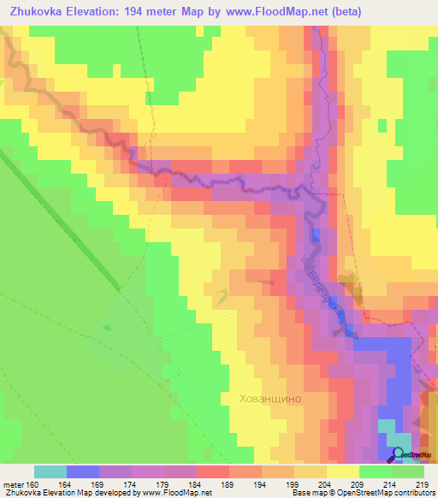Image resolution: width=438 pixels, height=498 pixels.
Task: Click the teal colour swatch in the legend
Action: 50,471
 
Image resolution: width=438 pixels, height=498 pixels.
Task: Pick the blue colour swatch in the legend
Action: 83,471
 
